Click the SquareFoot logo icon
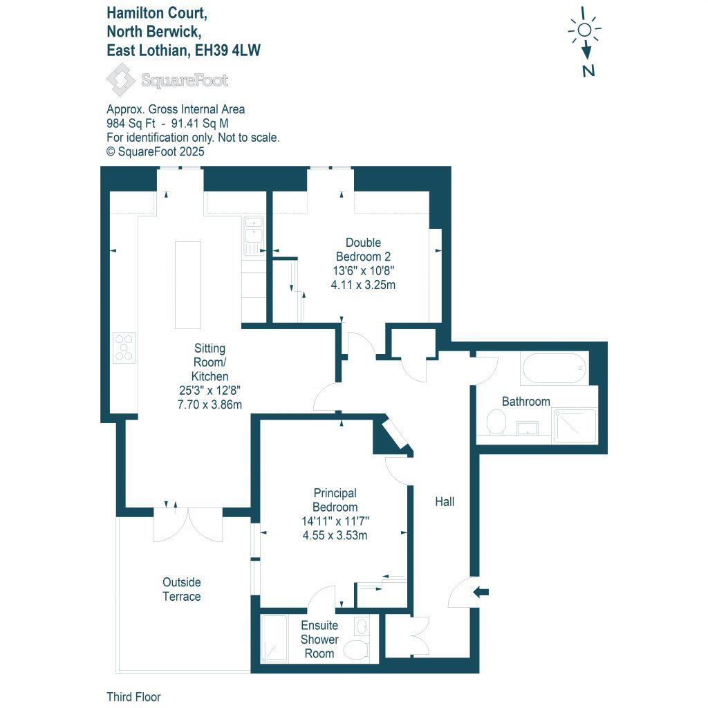(x=121, y=80)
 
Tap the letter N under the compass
(x=588, y=70)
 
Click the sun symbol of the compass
(x=585, y=30)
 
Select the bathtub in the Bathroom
(x=555, y=369)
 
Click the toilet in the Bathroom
(x=496, y=421)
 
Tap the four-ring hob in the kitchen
(x=124, y=347)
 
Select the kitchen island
(x=187, y=284)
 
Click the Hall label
(x=445, y=502)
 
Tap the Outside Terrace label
(x=182, y=589)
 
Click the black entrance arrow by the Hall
(x=482, y=591)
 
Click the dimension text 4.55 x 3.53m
(x=335, y=534)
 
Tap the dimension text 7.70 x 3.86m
(x=210, y=404)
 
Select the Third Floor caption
(x=133, y=697)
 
